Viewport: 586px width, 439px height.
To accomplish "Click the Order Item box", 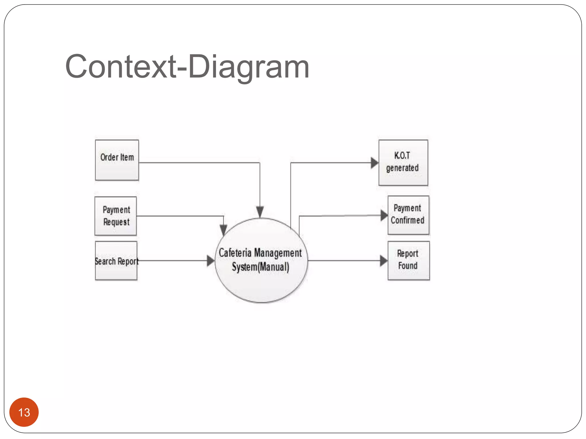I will pos(117,160).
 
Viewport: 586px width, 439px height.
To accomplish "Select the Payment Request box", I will pos(116,216).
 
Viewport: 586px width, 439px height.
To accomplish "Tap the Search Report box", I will pos(116,261).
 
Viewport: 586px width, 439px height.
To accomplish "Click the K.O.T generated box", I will pos(403,163).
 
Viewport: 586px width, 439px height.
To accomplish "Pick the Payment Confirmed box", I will pos(408,215).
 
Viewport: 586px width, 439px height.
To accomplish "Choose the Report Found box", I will pos(409,261).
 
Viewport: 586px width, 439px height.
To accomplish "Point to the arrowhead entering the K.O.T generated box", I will pos(375,163).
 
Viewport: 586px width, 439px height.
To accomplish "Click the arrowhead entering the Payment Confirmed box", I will pos(384,215).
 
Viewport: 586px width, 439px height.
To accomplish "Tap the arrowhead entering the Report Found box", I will pos(383,261).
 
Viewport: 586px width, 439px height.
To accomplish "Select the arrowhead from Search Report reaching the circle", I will pos(211,261).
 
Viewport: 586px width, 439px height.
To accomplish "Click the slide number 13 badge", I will pos(24,412).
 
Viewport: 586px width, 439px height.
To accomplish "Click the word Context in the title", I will pos(120,67).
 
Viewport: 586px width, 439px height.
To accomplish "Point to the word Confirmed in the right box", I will pos(407,220).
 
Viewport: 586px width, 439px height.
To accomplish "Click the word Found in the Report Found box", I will pos(408,266).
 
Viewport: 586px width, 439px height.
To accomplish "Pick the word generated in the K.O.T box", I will pos(402,168).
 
